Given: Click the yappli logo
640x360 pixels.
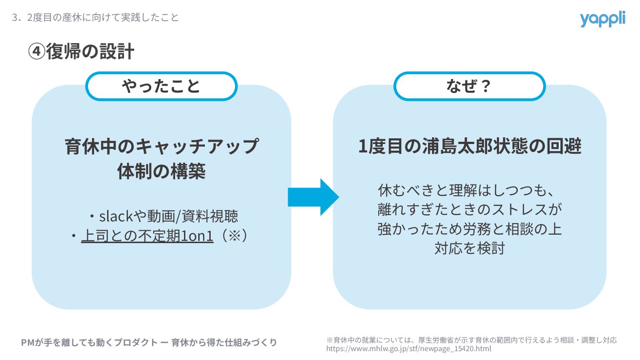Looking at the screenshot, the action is click(602, 19).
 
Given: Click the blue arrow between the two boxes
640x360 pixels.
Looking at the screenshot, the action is click(313, 197).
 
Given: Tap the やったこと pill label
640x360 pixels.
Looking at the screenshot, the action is click(161, 86).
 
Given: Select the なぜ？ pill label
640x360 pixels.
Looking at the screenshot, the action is click(469, 86).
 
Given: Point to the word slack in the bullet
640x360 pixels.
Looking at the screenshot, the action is click(116, 216).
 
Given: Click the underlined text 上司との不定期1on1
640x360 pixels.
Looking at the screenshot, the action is click(147, 236).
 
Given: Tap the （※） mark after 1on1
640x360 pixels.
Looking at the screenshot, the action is click(231, 236).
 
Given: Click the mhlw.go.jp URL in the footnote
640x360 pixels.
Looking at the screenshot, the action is click(409, 349).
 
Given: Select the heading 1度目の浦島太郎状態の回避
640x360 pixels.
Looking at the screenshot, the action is click(470, 147).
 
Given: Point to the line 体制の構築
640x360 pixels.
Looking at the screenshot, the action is click(161, 172).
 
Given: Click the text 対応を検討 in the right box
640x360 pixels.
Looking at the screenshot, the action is click(469, 248).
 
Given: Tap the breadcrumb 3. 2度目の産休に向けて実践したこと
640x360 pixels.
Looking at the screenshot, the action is click(96, 17).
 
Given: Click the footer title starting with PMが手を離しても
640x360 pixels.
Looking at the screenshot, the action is click(149, 343).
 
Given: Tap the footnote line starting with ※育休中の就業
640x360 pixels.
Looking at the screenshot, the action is click(472, 340).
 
